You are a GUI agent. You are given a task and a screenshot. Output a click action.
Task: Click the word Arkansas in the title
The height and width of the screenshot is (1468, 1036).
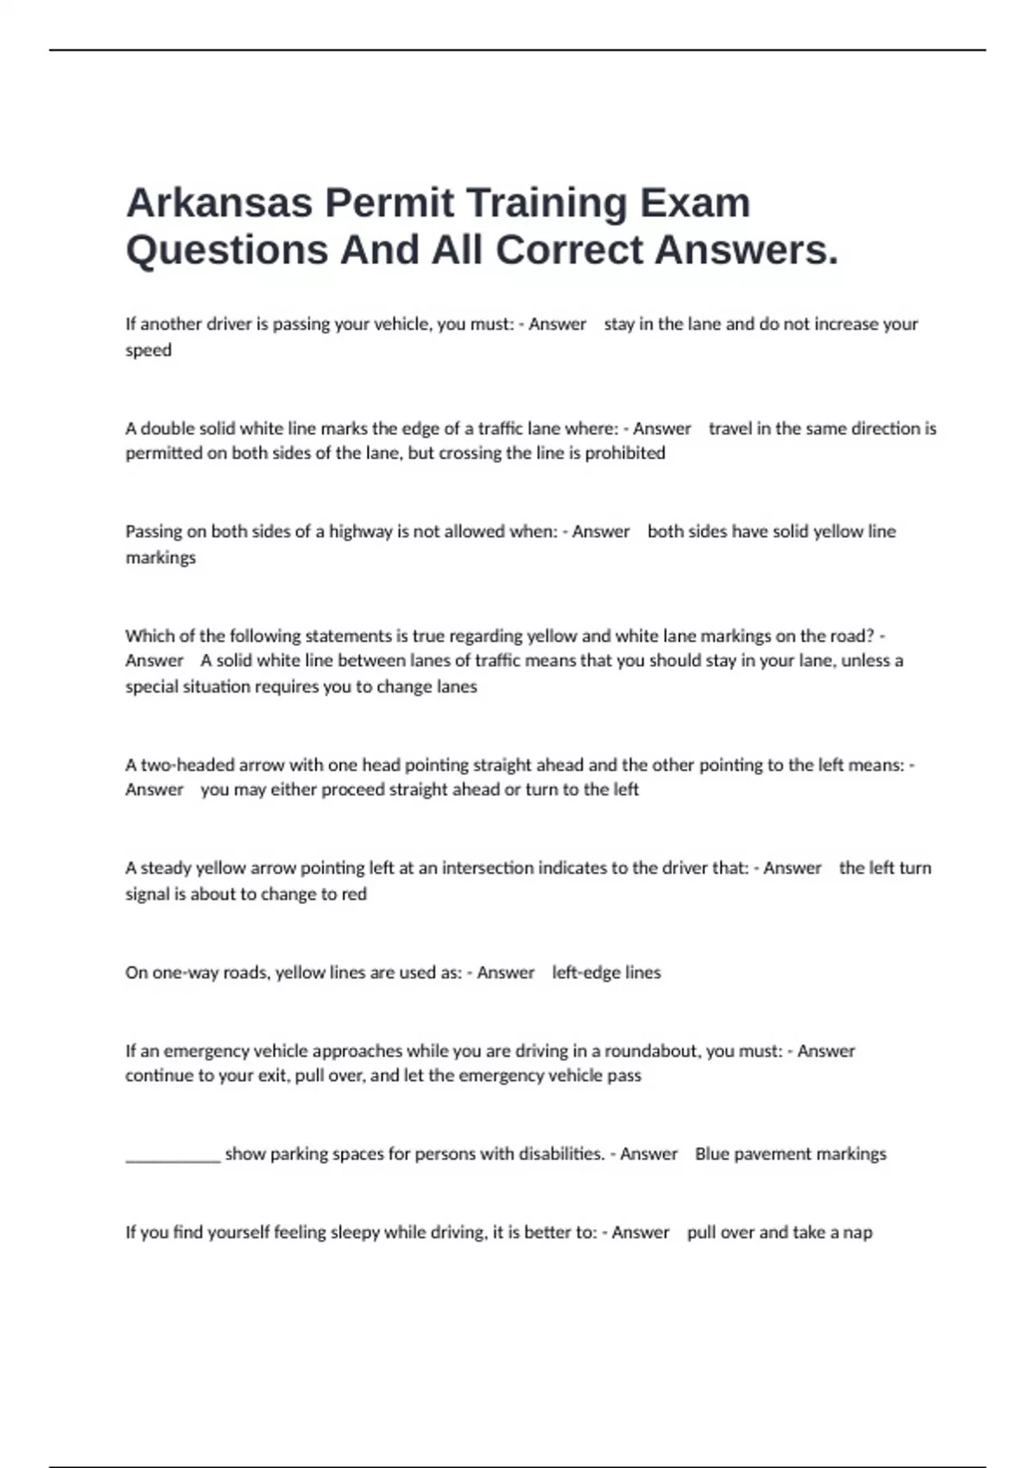219,203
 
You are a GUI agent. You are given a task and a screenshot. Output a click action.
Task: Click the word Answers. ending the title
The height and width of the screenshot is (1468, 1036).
747,250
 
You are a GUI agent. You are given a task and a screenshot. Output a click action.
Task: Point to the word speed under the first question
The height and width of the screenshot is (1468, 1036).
148,350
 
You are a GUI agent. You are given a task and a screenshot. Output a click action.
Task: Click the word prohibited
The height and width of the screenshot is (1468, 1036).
625,452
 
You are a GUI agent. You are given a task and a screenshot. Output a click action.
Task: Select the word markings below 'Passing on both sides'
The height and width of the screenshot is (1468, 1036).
161,557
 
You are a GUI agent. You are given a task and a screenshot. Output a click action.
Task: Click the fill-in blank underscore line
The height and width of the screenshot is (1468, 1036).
173,1157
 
